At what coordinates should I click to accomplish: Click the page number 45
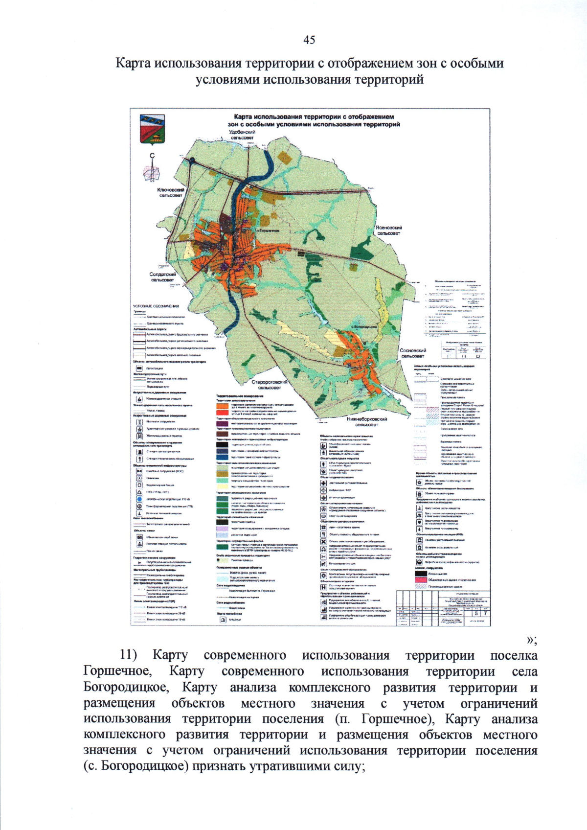309,40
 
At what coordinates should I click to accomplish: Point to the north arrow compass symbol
152,169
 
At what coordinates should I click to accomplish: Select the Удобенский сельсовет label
242,135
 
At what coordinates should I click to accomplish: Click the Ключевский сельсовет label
171,192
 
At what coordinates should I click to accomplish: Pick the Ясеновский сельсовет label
389,231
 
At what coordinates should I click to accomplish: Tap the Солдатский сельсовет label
162,277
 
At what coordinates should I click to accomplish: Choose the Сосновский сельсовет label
413,353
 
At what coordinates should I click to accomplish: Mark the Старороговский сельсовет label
270,385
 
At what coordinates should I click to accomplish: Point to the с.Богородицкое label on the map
364,326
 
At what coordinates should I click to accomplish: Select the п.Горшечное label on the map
268,230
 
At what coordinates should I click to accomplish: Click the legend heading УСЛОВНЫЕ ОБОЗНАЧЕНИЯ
156,306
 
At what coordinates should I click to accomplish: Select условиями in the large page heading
227,79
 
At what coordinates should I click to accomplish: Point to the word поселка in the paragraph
514,656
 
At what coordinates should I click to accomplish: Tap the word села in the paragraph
525,671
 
